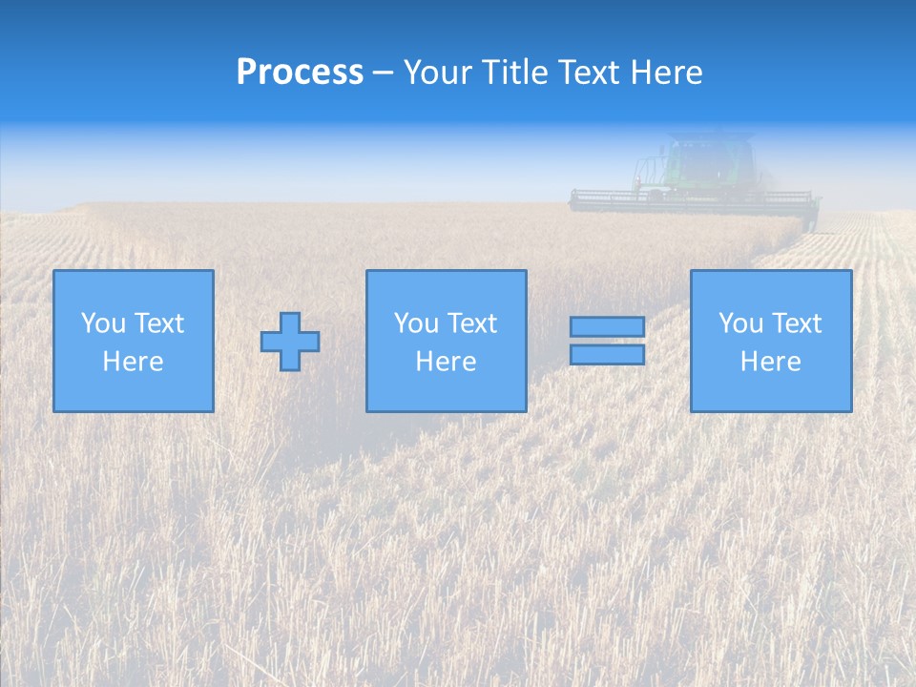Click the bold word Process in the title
tap(300, 73)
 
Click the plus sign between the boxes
tap(290, 342)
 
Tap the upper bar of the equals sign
tap(607, 327)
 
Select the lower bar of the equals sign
tap(607, 355)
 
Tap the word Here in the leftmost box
tap(134, 362)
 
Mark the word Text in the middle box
tap(473, 323)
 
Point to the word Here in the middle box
tap(447, 362)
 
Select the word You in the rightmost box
tap(739, 323)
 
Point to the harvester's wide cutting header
tap(694, 200)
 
